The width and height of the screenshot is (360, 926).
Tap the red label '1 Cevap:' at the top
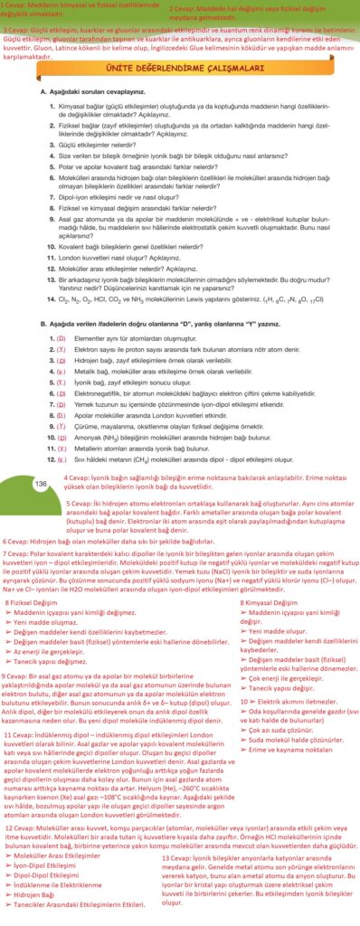(15, 5)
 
